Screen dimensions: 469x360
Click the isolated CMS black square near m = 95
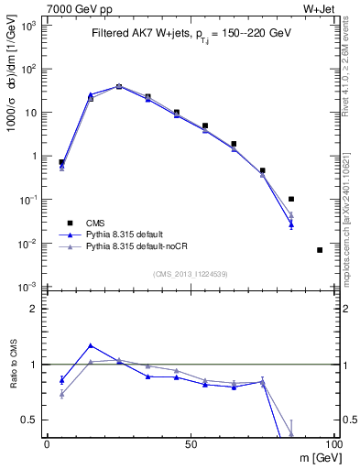click(320, 250)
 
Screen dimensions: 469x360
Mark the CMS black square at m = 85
click(291, 199)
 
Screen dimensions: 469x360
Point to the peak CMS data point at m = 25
click(119, 86)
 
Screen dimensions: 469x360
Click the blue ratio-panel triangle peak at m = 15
click(91, 345)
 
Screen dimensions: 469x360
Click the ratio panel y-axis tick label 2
click(33, 309)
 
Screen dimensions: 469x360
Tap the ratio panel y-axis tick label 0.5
click(29, 420)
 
